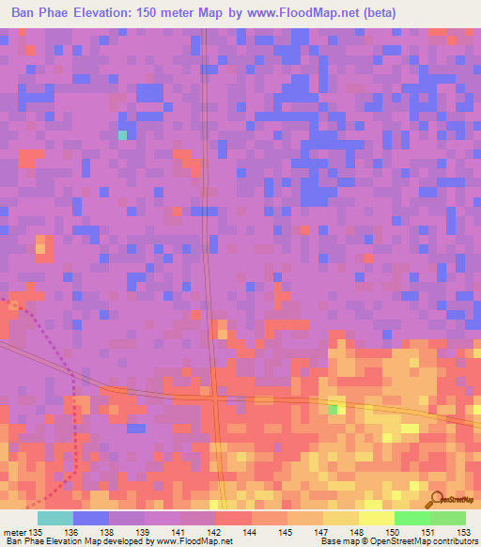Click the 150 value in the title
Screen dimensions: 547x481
pos(163,12)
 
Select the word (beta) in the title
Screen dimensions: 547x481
pos(382,12)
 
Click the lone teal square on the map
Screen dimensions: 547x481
pos(122,135)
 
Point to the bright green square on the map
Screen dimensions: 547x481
pos(333,410)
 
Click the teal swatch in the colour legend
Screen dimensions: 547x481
pos(55,518)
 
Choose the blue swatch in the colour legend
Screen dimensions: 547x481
pos(91,518)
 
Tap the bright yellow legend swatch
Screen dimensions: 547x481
pos(376,518)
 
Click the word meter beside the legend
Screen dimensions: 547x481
pos(16,531)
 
